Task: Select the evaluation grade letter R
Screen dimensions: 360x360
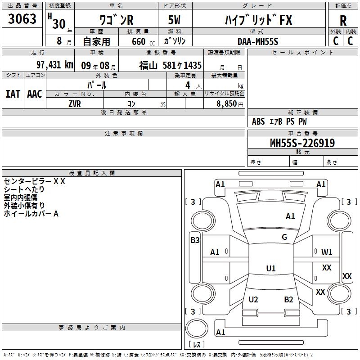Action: coord(343,20)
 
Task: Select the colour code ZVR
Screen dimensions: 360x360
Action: coord(75,103)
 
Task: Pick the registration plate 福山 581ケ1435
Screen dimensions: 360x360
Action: coord(170,65)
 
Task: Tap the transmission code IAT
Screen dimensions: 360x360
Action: coord(13,94)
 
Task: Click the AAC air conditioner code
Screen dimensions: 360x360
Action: coord(34,94)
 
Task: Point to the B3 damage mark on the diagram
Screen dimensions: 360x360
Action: coord(195,240)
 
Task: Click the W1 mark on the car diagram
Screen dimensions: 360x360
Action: coord(327,252)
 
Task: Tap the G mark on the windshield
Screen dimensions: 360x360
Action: coord(284,237)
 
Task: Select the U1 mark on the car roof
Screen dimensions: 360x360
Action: coord(270,269)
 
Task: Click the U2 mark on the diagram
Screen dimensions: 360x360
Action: coord(253,300)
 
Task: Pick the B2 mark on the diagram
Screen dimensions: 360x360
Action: coord(288,300)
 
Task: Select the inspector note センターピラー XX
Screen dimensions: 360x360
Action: coord(35,181)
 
